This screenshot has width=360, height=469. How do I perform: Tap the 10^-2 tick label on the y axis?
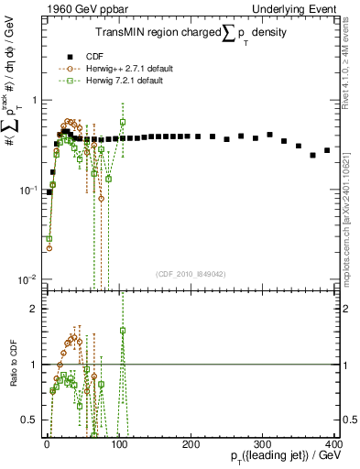point(27,279)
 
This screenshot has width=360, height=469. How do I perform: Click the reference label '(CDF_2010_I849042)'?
point(190,273)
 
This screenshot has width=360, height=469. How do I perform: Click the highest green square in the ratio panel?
point(123,330)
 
